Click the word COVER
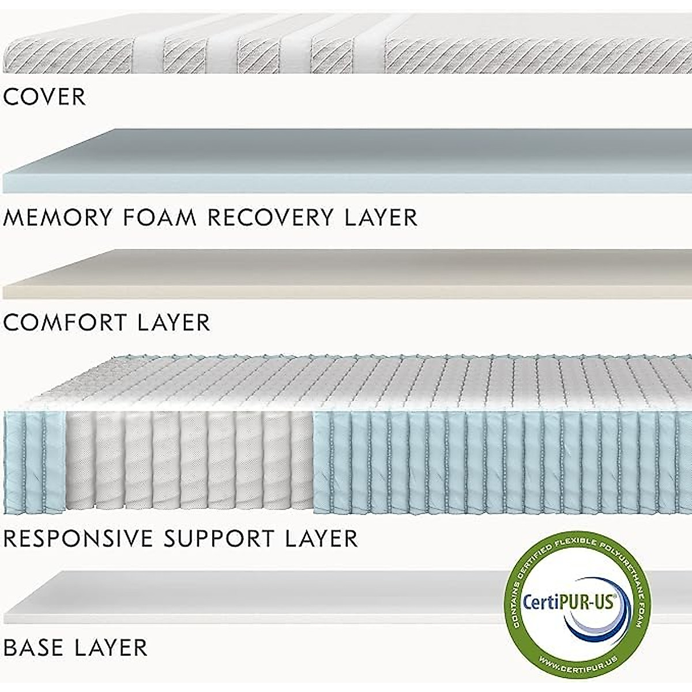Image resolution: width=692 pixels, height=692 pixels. pos(44,97)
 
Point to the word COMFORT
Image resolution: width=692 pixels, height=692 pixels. pos(66,322)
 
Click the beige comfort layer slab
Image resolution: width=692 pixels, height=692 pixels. pos(346,271)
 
